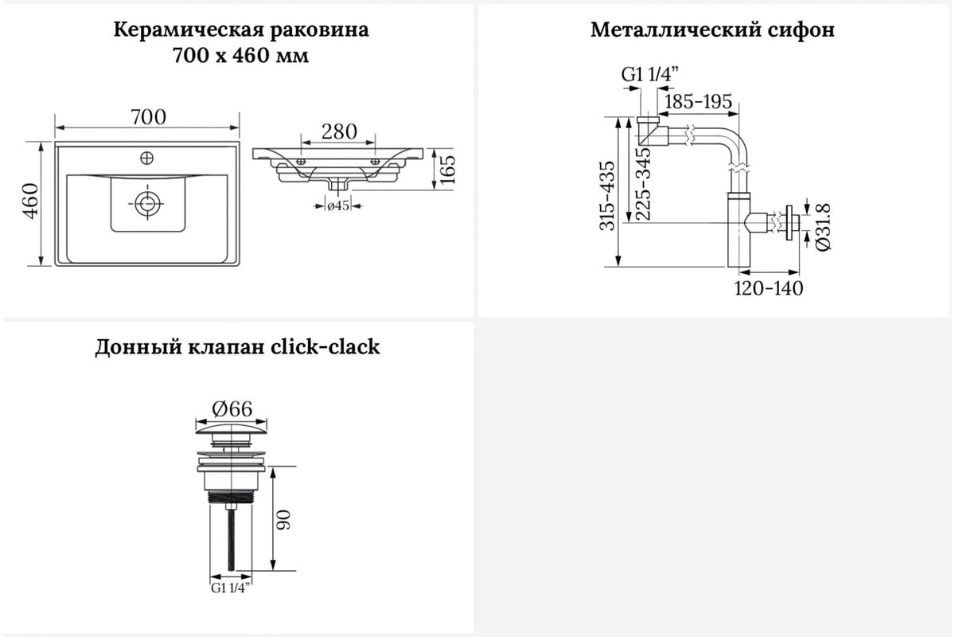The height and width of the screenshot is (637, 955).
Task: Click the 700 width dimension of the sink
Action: tap(148, 117)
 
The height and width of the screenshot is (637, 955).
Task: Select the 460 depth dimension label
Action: tap(31, 201)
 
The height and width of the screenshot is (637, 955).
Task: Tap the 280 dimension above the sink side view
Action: tap(339, 132)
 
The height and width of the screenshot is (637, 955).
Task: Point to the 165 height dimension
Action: tap(447, 170)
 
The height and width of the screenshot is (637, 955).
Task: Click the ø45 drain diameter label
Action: tap(338, 205)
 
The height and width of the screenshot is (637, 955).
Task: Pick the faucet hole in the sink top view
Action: tap(147, 158)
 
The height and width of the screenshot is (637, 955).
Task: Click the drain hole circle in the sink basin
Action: tap(147, 204)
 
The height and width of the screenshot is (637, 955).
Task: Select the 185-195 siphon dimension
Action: tap(699, 102)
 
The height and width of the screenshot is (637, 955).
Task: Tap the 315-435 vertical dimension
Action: tap(607, 196)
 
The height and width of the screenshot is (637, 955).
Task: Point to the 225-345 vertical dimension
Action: tap(643, 184)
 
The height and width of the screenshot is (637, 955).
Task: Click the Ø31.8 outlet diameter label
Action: tap(823, 227)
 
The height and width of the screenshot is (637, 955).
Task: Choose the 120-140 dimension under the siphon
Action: tap(769, 288)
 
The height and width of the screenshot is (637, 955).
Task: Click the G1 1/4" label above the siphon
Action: tap(649, 75)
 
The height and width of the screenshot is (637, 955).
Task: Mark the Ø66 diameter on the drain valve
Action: tap(232, 409)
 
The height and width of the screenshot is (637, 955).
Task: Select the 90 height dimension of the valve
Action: tap(283, 520)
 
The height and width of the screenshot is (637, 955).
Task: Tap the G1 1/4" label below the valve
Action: tap(231, 588)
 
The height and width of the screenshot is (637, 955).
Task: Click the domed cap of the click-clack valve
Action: tap(231, 429)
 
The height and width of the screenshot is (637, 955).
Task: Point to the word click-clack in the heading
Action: tap(325, 346)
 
